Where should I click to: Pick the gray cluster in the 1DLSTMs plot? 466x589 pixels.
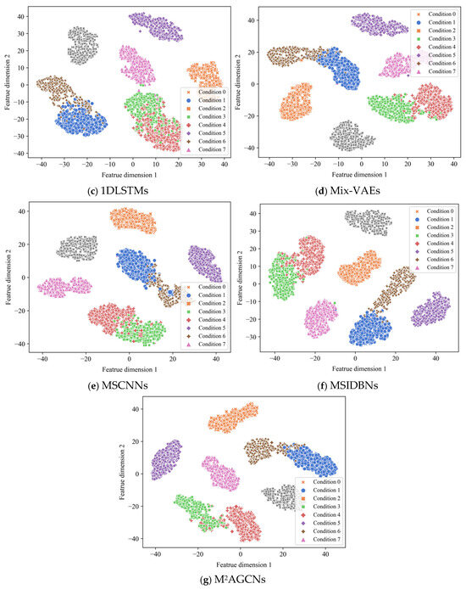coord(85,45)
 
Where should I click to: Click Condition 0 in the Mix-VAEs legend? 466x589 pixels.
coord(437,15)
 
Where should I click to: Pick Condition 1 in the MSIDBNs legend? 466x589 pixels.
coord(437,222)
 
